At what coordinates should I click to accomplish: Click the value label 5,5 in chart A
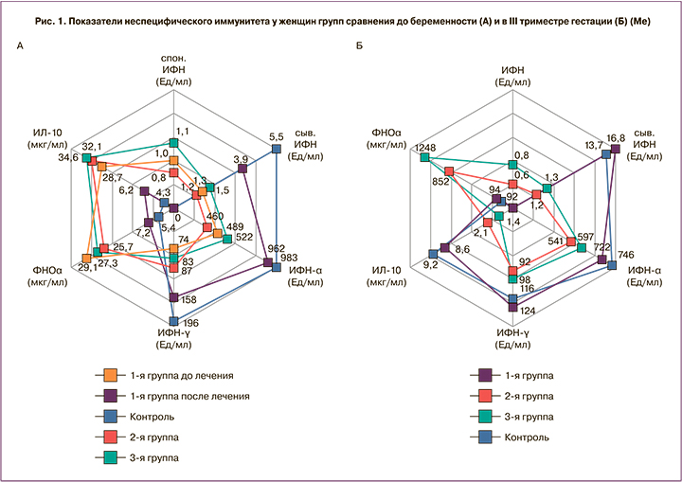pyautogui.click(x=278, y=136)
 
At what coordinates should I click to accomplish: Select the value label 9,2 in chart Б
pyautogui.click(x=430, y=266)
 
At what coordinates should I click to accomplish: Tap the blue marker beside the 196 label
pyautogui.click(x=173, y=321)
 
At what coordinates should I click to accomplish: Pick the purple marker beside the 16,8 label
pyautogui.click(x=616, y=149)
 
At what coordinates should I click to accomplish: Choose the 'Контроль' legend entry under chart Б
pyautogui.click(x=529, y=437)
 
